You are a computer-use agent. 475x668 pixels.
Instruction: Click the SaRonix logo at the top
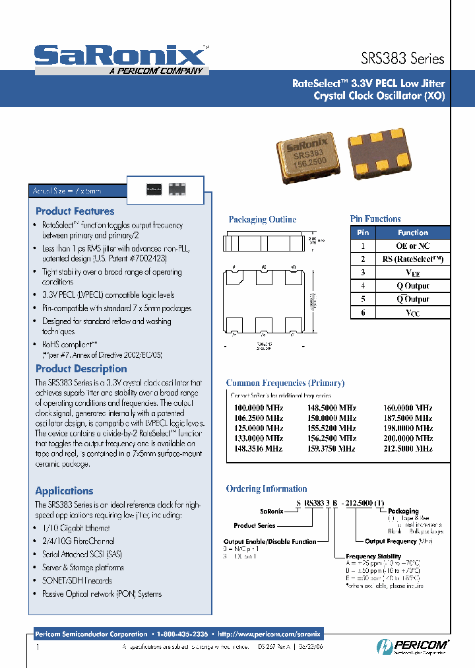tap(120, 55)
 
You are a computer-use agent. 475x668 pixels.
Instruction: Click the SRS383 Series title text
tap(402, 58)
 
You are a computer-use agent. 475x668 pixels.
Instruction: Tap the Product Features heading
tap(75, 211)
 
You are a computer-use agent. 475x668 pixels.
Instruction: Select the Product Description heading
tap(81, 369)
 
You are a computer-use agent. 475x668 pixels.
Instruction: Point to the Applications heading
tap(64, 491)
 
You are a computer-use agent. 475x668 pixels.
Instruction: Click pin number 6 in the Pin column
tap(363, 313)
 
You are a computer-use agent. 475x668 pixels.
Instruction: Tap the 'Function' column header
tap(413, 232)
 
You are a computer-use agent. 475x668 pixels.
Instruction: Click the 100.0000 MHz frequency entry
tap(259, 409)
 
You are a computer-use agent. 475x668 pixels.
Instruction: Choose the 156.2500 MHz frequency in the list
tap(332, 438)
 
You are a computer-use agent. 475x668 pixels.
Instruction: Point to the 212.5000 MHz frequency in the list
tap(408, 448)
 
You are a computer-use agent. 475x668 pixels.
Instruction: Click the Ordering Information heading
tap(267, 489)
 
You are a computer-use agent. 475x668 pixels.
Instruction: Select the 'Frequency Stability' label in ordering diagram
tap(373, 557)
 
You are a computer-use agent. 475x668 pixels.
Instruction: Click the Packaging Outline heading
tap(263, 220)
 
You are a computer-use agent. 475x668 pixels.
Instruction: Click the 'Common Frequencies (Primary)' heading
tap(285, 383)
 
